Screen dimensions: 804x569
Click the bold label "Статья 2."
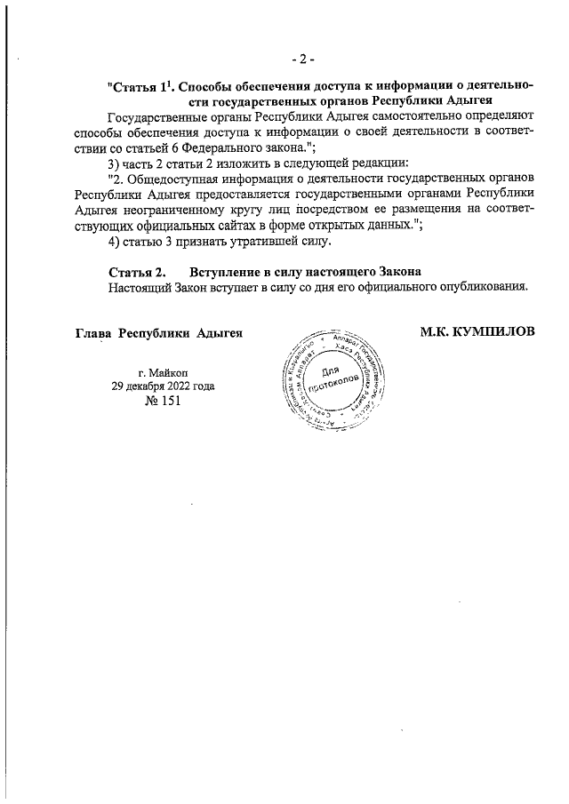tap(137, 271)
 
